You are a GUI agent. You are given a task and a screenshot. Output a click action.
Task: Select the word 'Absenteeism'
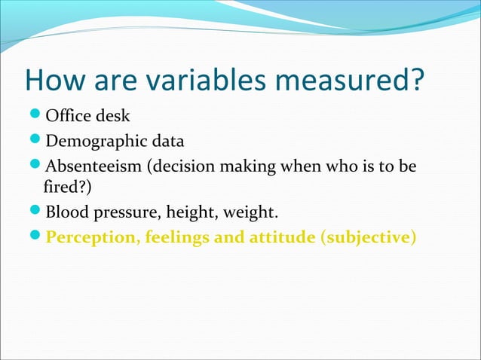(x=96, y=165)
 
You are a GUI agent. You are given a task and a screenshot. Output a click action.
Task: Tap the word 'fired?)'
(x=66, y=185)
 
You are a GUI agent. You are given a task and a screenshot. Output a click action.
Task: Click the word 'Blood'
(x=67, y=213)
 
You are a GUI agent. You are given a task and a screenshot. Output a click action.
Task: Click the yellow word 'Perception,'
(x=93, y=237)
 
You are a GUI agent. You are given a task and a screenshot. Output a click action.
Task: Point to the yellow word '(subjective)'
(x=366, y=237)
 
